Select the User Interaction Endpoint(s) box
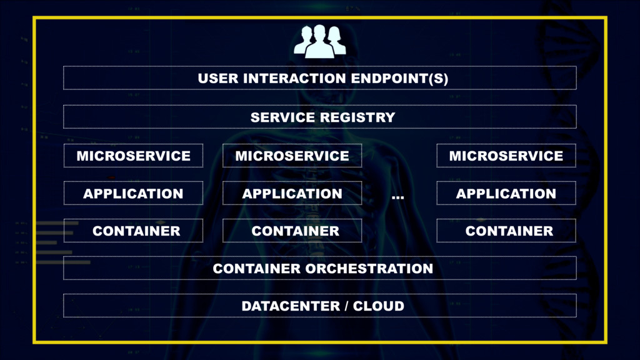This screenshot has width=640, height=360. point(319,79)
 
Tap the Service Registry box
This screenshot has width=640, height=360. point(319,117)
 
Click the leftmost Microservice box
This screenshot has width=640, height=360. point(133,156)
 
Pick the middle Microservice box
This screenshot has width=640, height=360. point(292,156)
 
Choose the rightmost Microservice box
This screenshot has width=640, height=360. point(506,156)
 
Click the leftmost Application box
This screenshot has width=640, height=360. point(133,193)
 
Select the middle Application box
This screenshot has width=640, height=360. point(292,193)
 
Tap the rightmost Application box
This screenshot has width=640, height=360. point(506,193)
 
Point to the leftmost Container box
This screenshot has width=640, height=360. point(133,231)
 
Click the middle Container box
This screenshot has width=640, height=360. point(292,231)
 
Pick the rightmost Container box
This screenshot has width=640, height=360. point(506,231)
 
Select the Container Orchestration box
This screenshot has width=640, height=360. point(319,268)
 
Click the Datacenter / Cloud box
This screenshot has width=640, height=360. point(319,306)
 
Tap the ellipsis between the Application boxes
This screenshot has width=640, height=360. point(397,197)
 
